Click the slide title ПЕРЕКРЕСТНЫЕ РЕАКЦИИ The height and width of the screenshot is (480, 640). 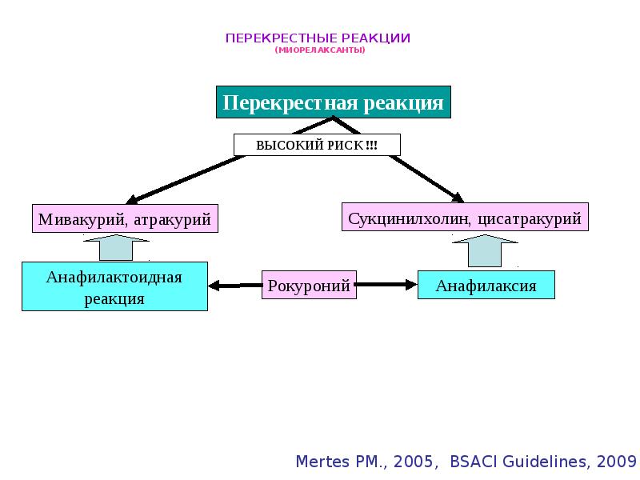tap(318, 38)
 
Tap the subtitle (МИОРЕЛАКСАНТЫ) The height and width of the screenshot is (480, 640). tap(319, 50)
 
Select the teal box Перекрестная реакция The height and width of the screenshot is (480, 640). tap(333, 102)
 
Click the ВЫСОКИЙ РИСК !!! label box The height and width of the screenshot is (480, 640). tap(317, 145)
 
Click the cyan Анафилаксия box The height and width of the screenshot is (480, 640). tap(486, 285)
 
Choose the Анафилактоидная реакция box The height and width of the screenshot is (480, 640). tap(114, 287)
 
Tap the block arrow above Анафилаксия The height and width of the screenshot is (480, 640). tap(486, 250)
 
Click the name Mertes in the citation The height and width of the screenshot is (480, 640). tap(322, 462)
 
